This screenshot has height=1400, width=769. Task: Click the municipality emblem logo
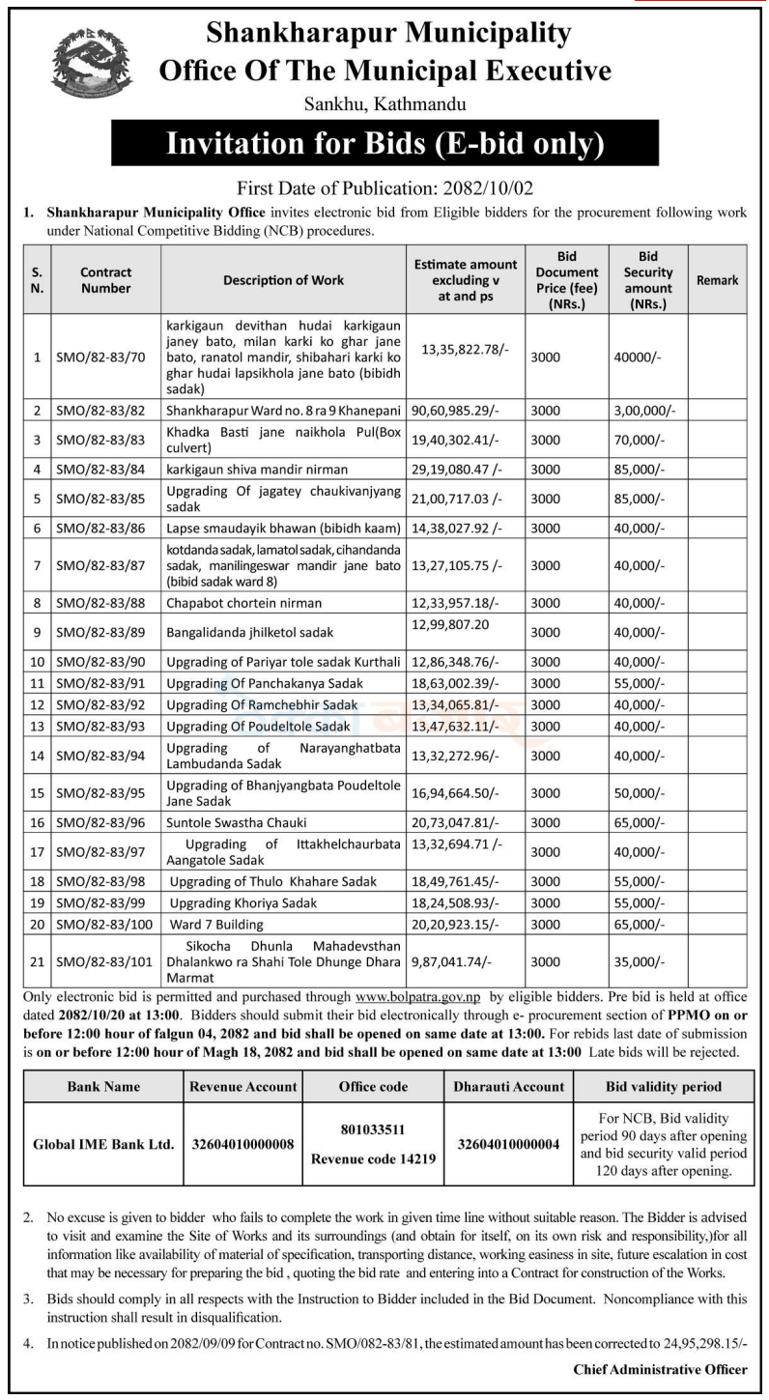pyautogui.click(x=90, y=65)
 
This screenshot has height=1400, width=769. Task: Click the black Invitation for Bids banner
pyautogui.click(x=384, y=144)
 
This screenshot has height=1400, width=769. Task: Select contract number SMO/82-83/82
pyautogui.click(x=100, y=412)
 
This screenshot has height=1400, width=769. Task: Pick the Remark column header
pyautogui.click(x=717, y=280)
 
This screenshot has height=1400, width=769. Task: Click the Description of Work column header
pyautogui.click(x=283, y=280)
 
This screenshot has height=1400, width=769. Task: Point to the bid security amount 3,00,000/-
pyautogui.click(x=645, y=412)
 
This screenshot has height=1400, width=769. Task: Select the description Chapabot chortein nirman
pyautogui.click(x=243, y=604)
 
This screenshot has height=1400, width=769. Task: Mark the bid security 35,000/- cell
pyautogui.click(x=640, y=962)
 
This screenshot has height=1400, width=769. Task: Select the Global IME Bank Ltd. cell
pyautogui.click(x=103, y=1145)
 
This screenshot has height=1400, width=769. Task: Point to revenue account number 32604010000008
pyautogui.click(x=242, y=1145)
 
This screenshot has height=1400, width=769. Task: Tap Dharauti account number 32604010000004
pyautogui.click(x=507, y=1145)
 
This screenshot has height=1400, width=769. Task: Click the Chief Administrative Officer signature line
pyautogui.click(x=660, y=1369)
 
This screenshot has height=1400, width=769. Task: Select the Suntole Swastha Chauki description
pyautogui.click(x=237, y=822)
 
